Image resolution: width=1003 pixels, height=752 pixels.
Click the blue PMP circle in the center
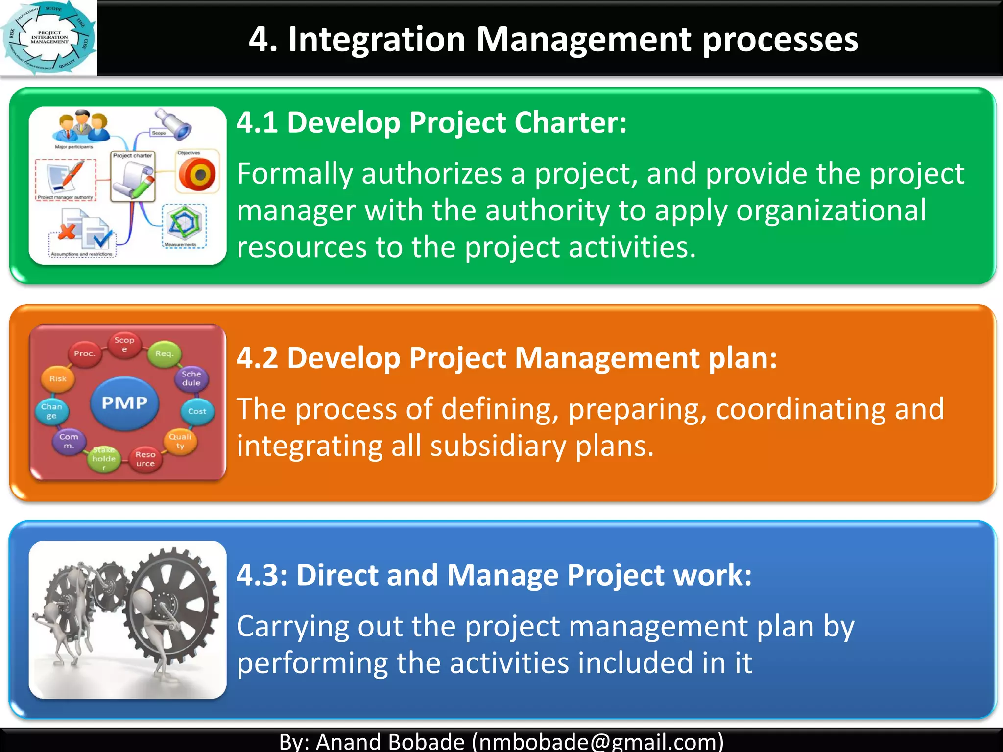[x=124, y=402]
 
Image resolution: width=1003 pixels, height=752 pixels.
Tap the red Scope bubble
[x=124, y=344]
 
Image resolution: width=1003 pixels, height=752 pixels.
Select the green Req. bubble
[x=164, y=354]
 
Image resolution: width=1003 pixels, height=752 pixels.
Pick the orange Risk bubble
[x=58, y=378]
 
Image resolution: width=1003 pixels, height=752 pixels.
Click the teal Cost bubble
[x=197, y=411]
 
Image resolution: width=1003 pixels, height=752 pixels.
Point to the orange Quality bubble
[x=180, y=441]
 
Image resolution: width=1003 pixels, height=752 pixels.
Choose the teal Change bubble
[x=51, y=411]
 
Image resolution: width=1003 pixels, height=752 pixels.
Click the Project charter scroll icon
[x=133, y=179]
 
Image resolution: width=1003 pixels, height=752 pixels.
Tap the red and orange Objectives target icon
[x=197, y=174]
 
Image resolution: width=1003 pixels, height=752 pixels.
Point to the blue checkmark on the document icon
[x=102, y=239]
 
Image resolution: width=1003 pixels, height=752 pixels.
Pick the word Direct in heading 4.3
[x=337, y=575]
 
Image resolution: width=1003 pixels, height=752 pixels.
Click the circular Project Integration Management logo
[x=48, y=38]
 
